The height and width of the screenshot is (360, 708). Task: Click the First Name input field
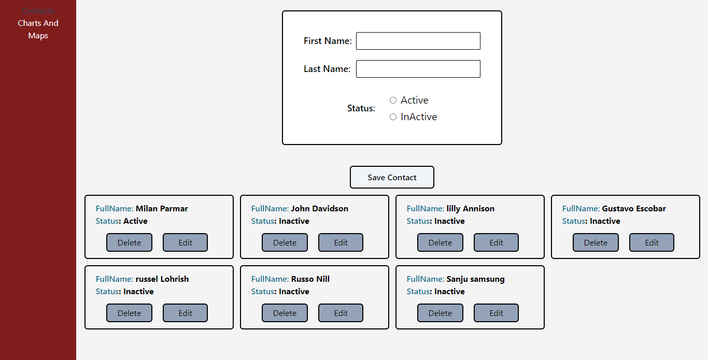click(418, 41)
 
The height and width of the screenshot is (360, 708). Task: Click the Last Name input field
click(418, 69)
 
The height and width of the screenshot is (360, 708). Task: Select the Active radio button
click(393, 100)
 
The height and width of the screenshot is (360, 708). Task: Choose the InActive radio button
click(393, 117)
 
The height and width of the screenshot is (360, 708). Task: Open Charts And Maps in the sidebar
click(38, 30)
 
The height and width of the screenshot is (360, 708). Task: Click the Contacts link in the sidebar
click(38, 10)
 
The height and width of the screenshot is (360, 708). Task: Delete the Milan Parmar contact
click(129, 242)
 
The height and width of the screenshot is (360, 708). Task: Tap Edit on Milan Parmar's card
click(185, 242)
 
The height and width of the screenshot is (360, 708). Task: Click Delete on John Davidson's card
click(285, 242)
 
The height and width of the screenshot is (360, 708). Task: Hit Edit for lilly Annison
click(496, 242)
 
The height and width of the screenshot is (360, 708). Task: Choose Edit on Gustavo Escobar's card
click(652, 242)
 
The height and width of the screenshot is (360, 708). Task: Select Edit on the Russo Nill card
click(341, 313)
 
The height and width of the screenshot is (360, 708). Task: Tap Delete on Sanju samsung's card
click(440, 313)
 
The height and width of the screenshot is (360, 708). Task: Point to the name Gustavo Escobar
click(633, 209)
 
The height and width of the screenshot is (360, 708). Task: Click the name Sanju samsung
click(475, 279)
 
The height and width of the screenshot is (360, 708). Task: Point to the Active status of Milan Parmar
click(135, 221)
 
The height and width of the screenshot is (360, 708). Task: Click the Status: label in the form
click(361, 108)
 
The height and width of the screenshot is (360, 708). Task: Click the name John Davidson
click(319, 209)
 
